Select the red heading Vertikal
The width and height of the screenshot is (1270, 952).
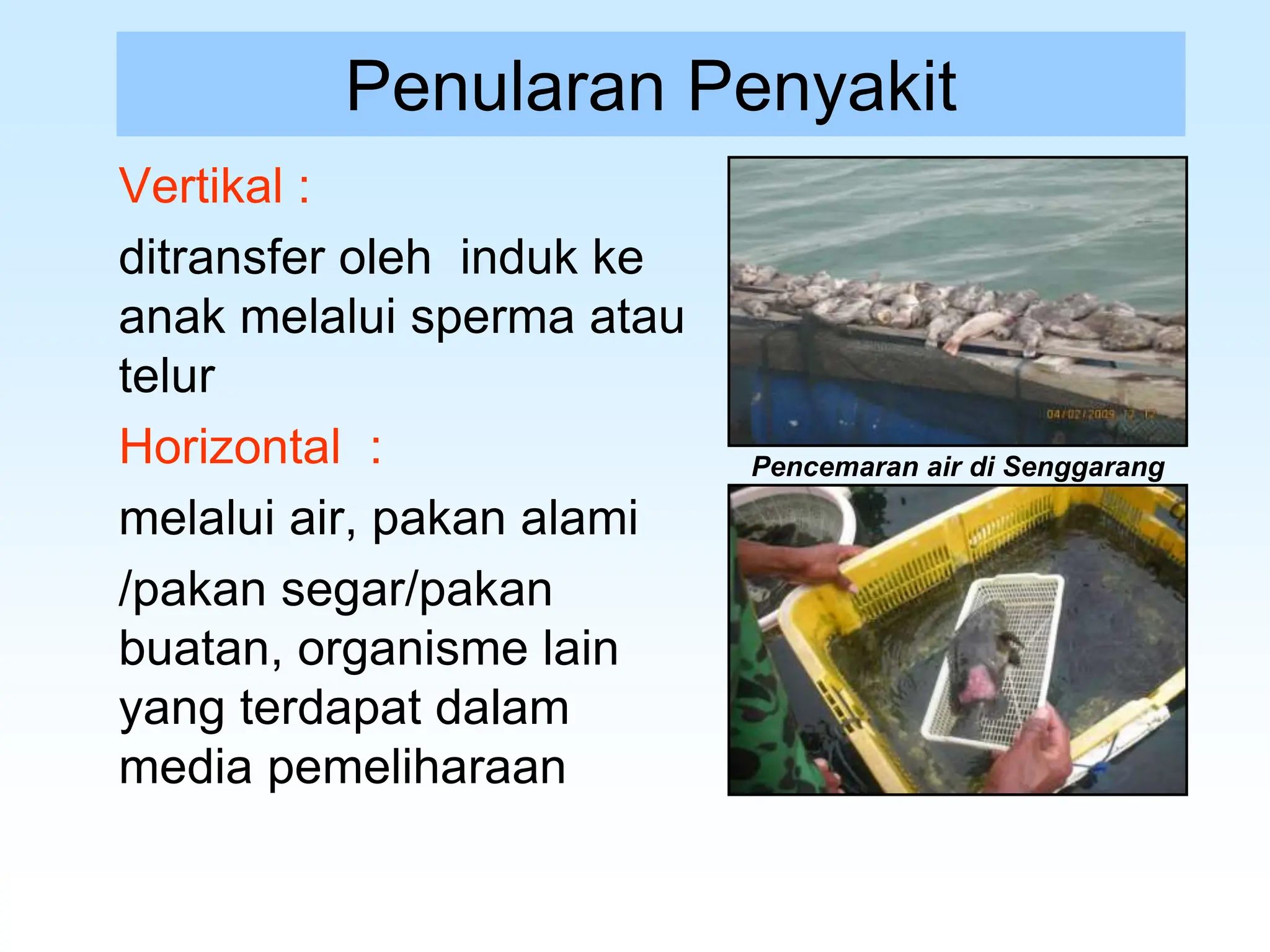[x=201, y=186]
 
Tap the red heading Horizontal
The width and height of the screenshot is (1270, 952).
[x=230, y=446]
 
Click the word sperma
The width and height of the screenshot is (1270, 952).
[x=493, y=317]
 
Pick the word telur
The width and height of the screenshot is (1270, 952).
[x=167, y=376]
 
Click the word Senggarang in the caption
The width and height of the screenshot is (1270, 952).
[x=1084, y=467]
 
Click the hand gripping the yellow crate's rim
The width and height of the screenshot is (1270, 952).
[x=806, y=564]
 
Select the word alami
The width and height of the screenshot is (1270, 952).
[x=579, y=518]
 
